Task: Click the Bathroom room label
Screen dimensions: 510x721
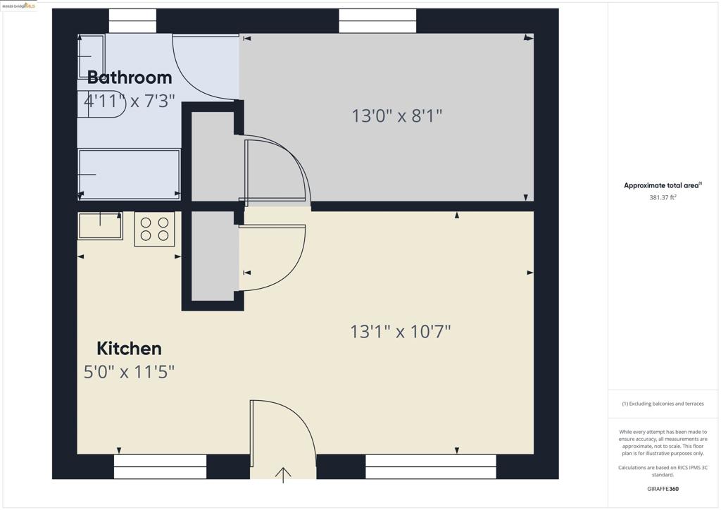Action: coord(130,77)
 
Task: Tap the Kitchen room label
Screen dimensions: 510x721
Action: coord(129,349)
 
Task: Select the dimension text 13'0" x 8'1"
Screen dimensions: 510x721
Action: coord(397,116)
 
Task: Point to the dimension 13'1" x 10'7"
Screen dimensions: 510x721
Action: coord(400,331)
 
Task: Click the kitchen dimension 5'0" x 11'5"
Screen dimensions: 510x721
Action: coord(129,372)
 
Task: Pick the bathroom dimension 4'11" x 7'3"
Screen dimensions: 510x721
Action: coord(129,101)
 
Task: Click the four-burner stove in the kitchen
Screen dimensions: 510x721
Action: coord(154,229)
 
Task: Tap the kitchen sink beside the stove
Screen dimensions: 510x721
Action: coord(100,225)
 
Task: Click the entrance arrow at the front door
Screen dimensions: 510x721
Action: coord(283,475)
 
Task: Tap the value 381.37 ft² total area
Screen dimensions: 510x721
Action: coord(663,198)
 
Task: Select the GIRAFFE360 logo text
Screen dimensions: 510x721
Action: coord(663,489)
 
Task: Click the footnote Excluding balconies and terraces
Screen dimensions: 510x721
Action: coord(663,404)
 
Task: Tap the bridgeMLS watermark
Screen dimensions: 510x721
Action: coord(19,6)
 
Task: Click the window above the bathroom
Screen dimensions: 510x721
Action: coord(132,21)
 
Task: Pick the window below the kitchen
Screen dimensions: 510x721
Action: coord(160,466)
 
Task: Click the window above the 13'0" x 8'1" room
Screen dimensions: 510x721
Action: coord(377,21)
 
